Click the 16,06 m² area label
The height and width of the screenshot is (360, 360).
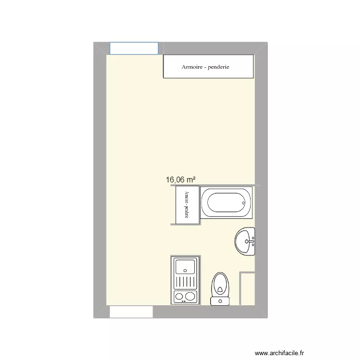[180, 180]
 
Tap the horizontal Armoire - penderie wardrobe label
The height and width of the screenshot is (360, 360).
[205, 67]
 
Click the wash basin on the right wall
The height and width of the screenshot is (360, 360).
[244, 241]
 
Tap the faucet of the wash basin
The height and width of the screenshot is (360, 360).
[252, 241]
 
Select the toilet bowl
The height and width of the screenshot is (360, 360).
[220, 285]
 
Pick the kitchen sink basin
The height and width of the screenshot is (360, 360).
[185, 266]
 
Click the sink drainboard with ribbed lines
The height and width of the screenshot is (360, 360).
[185, 281]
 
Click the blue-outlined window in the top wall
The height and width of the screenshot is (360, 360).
[134, 48]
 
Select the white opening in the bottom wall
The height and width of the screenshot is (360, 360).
[131, 312]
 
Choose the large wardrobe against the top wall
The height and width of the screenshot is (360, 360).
[208, 67]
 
